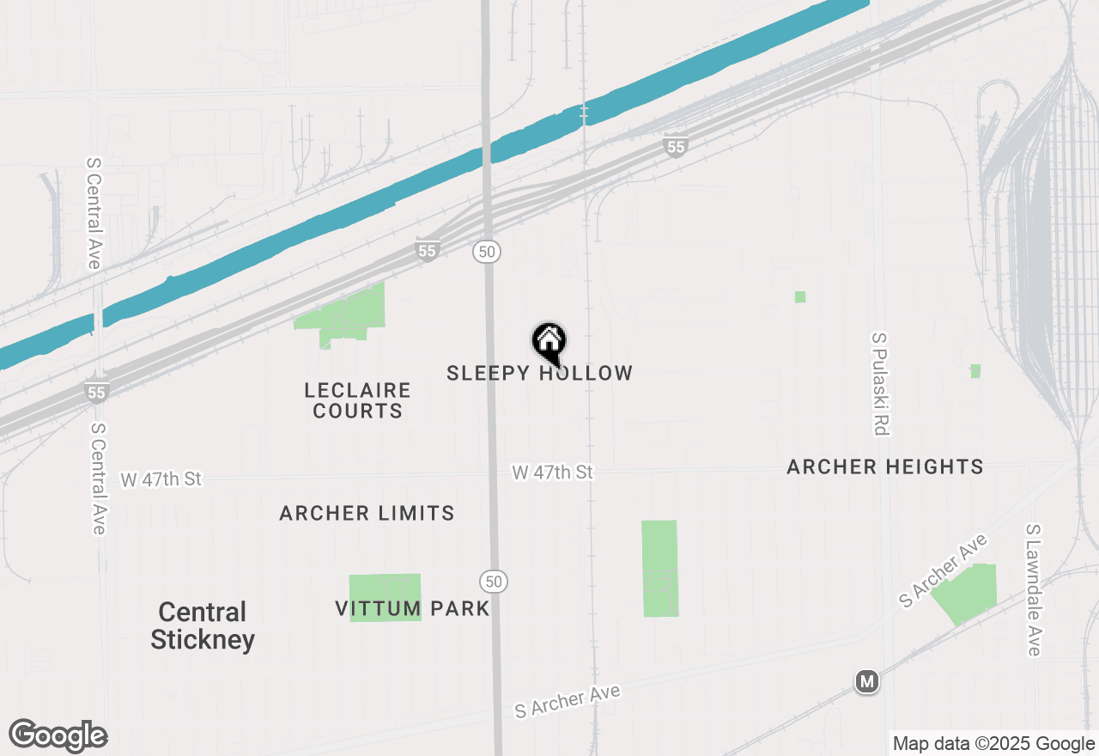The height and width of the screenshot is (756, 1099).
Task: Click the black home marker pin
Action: pos(549,342)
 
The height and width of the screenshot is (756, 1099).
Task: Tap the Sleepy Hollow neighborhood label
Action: pos(540,373)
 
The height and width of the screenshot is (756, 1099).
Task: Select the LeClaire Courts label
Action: pos(357,400)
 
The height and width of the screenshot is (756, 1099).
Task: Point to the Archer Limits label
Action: pos(367,513)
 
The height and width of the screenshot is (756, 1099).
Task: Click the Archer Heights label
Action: pos(885,466)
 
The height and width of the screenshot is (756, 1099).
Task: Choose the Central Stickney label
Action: pos(203,625)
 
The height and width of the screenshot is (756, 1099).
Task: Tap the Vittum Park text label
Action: pos(412,609)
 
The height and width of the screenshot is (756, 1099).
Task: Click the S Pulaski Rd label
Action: pos(879,384)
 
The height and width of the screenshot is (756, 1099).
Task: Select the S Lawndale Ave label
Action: pos(1034,590)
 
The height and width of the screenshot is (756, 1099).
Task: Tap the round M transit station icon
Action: pos(867,682)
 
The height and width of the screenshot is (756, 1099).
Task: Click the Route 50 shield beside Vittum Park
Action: pos(493,581)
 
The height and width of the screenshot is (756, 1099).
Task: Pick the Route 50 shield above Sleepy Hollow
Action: pos(486,251)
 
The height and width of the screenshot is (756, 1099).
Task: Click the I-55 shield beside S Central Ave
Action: pos(97,393)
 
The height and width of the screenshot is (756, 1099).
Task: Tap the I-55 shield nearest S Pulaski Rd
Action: pos(676,147)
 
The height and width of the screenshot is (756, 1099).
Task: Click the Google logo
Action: pos(58,736)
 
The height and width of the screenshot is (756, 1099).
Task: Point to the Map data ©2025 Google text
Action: pos(993,744)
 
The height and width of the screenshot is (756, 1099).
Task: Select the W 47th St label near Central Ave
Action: pos(161,479)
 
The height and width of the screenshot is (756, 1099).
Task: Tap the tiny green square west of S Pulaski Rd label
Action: pos(800,296)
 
